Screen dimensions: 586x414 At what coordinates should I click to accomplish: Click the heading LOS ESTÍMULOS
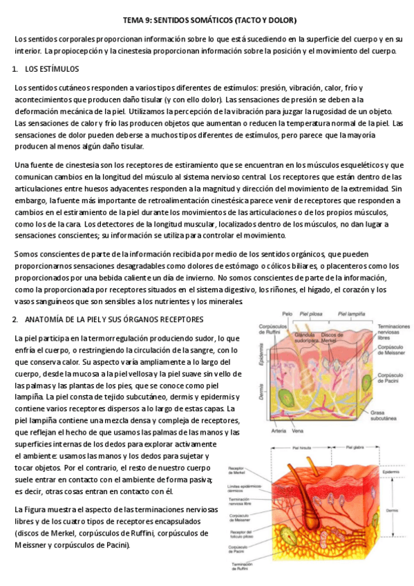pos(52,70)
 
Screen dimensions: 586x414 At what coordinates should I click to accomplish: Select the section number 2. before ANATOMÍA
pos(15,319)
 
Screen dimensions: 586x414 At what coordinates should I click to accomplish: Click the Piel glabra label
pos(349,446)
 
